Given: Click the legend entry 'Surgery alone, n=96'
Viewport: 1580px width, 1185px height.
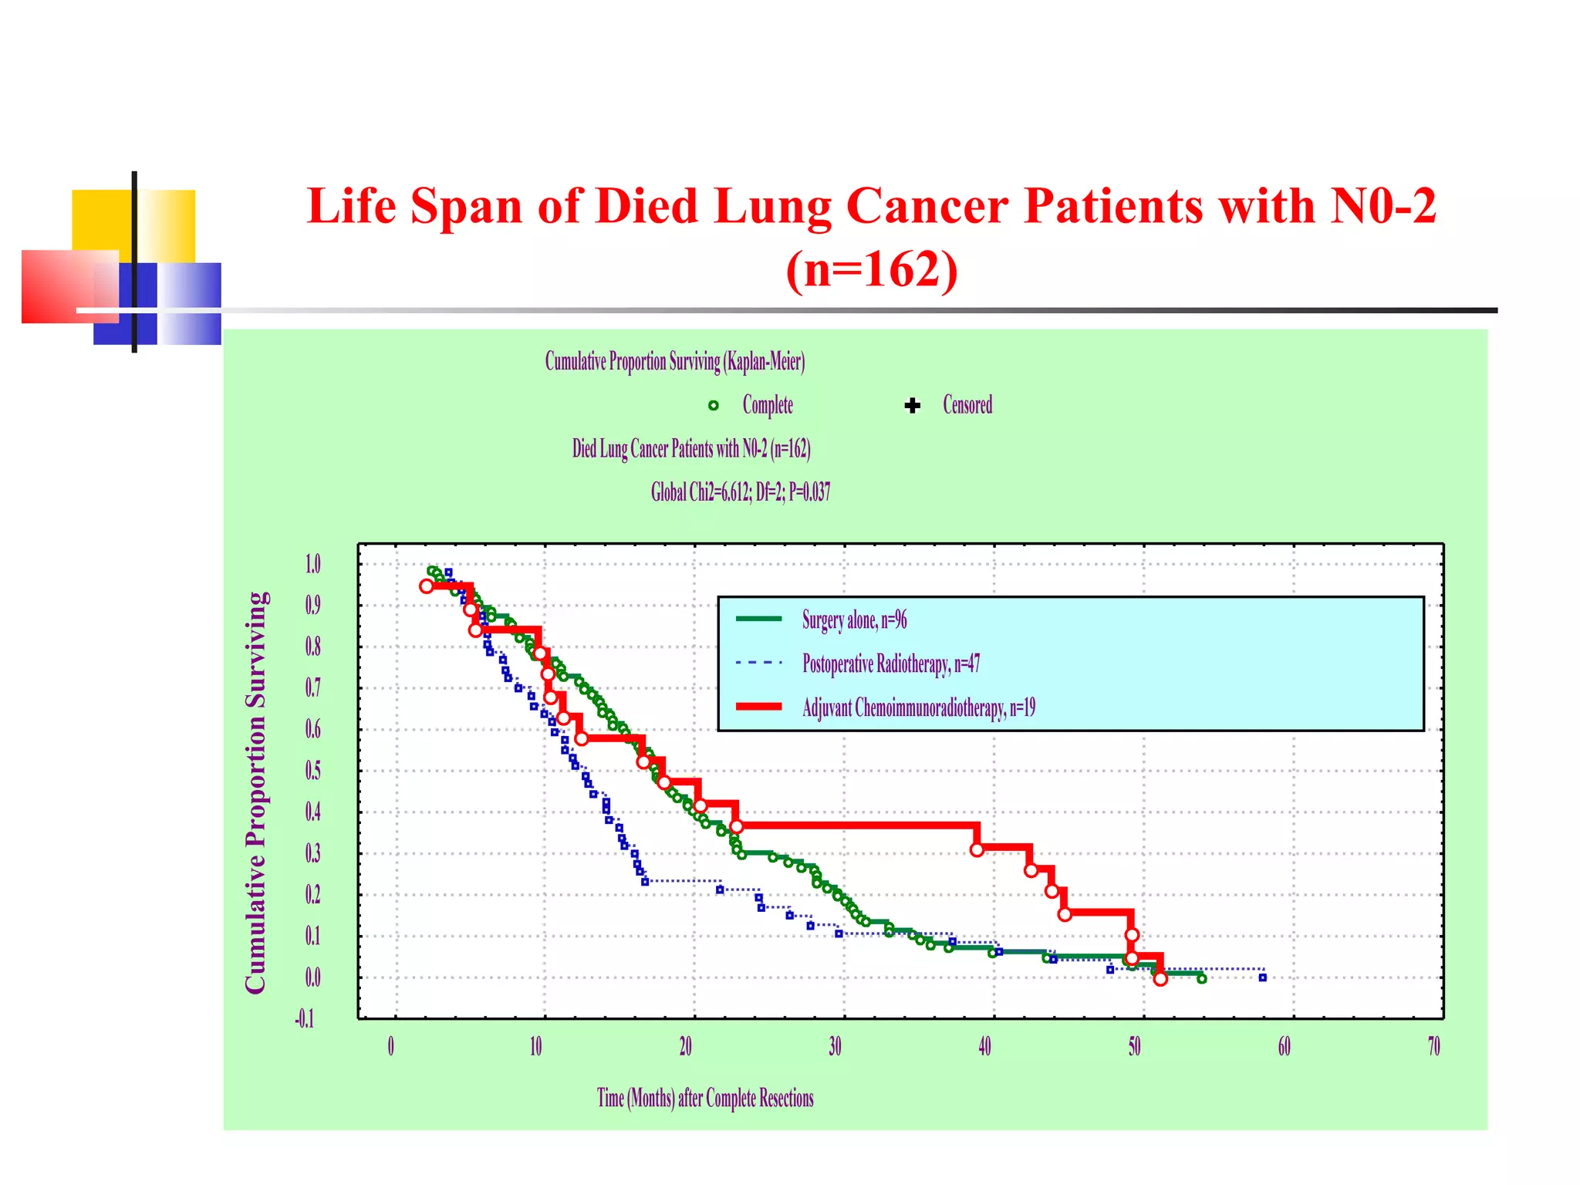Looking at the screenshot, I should [x=854, y=620].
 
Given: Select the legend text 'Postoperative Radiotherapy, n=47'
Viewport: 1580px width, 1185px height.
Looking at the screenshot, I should [x=891, y=663].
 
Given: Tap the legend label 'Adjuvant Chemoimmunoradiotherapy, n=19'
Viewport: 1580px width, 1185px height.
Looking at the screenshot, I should [x=919, y=707].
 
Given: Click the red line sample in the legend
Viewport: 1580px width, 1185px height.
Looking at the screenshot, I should [x=758, y=707].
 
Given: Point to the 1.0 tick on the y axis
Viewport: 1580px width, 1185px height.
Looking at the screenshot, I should [x=312, y=564].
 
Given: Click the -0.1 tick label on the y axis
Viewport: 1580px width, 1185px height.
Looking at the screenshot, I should [x=305, y=1019].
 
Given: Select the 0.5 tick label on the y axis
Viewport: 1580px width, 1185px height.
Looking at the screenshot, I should [x=312, y=771].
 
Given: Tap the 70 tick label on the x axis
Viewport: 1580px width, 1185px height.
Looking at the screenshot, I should [x=1433, y=1047].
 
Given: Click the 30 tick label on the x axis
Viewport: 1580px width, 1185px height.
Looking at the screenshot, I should [x=835, y=1047].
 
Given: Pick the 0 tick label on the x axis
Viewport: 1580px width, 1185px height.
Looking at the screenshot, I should [x=391, y=1047].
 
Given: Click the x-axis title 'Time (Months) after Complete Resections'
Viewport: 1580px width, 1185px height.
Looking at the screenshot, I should [x=705, y=1098].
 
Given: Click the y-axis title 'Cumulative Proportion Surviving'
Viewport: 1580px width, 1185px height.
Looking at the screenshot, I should [x=256, y=792].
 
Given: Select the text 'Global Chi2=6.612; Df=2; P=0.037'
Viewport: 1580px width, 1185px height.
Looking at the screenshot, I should [x=741, y=492].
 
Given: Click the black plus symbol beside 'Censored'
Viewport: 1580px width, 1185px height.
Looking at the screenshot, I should [x=913, y=406].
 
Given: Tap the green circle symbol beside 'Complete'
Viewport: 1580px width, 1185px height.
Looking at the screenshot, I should [x=714, y=406].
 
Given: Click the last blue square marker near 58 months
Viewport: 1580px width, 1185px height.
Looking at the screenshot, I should [x=1263, y=977].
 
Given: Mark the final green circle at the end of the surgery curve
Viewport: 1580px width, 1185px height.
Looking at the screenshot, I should [x=1201, y=978].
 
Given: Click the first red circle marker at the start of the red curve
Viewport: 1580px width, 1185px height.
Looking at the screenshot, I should [x=427, y=586].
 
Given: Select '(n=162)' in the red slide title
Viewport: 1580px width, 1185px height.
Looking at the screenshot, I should [x=872, y=269].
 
